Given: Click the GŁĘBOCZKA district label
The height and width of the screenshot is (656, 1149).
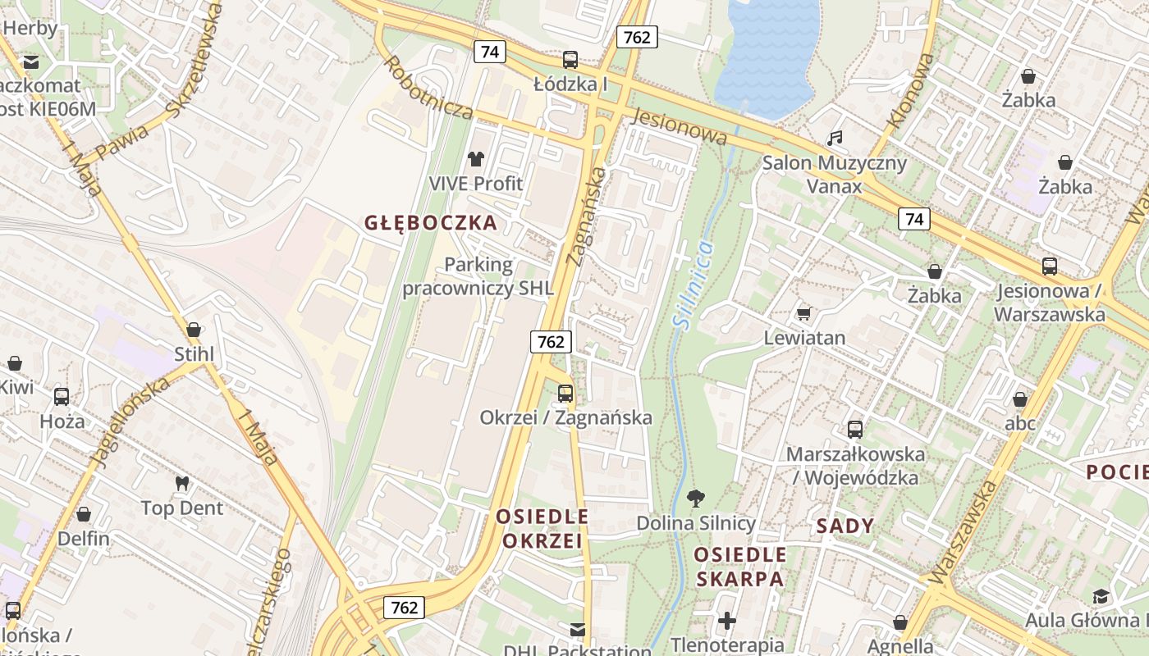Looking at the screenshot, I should tap(431, 223).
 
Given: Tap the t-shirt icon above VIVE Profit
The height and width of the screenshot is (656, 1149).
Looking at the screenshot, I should tap(476, 158).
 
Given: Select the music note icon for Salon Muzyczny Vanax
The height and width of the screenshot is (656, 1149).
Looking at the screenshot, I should tap(835, 138).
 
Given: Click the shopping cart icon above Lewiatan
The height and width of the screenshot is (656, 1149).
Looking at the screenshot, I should tap(804, 313).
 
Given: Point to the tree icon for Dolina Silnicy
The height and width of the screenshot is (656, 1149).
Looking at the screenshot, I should tap(696, 498).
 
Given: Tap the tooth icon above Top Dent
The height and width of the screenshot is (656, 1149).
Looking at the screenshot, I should tap(182, 484).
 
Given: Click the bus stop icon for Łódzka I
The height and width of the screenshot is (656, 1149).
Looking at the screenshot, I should tap(570, 60).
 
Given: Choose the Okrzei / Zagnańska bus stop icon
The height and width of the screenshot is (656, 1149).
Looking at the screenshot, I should tap(565, 393).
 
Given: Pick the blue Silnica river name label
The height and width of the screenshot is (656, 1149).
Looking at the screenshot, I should tap(693, 285).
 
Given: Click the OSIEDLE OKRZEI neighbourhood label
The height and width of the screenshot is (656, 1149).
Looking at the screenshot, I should tap(542, 529).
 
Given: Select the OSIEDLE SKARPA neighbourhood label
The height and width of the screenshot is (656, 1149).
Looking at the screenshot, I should tap(739, 567).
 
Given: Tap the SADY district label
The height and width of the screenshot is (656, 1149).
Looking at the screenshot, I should tap(845, 526).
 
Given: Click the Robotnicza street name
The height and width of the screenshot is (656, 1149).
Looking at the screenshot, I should tap(427, 89).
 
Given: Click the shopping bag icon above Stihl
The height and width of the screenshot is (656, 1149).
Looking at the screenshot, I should tap(194, 330).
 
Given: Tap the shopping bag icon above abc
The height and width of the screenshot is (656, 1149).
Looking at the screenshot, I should tap(1019, 399).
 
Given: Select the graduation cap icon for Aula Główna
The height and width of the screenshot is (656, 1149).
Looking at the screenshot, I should tap(1101, 596).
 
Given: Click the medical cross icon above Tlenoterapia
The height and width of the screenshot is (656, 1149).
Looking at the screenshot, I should tap(726, 620).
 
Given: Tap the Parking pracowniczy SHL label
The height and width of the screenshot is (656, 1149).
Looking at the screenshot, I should tap(478, 276).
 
